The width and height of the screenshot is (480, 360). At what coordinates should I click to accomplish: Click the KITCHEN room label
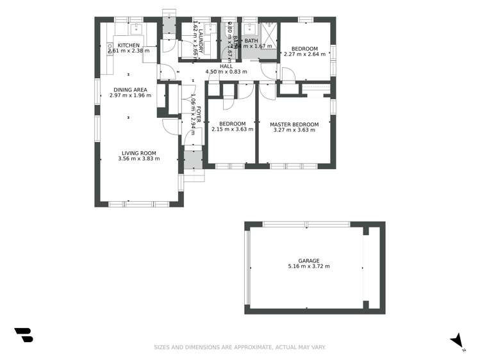[129, 45]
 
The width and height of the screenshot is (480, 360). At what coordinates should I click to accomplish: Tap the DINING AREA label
[130, 90]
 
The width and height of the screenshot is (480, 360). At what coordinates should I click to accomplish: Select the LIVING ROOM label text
[138, 153]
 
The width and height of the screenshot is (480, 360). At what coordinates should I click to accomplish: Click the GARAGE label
[309, 261]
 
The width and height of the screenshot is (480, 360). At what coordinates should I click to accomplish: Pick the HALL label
[226, 66]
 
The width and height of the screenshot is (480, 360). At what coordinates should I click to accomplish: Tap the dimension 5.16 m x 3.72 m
[309, 266]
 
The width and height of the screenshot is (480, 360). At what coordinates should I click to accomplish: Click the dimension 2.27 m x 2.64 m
[304, 54]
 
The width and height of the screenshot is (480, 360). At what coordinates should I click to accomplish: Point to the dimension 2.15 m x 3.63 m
[232, 129]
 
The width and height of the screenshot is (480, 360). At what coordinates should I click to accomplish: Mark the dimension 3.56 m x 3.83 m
[138, 159]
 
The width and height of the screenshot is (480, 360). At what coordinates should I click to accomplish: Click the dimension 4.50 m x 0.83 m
[226, 72]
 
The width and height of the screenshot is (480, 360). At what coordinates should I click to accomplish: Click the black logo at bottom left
[23, 335]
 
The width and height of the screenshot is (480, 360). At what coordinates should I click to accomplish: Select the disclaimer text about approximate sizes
[240, 347]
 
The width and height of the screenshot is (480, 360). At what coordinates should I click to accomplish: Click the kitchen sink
[136, 28]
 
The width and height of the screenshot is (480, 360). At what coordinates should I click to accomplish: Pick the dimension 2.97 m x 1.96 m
[130, 95]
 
